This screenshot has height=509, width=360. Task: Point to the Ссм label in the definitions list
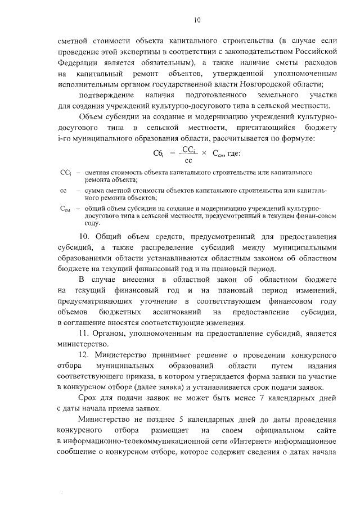64,209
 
